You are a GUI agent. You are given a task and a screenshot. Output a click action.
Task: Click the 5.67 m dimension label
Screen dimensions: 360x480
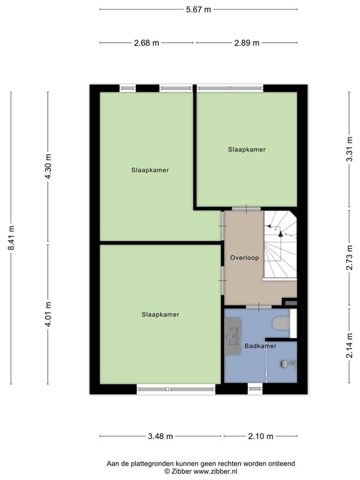(x=199, y=10)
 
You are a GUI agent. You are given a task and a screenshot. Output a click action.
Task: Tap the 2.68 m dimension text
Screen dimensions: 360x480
(x=146, y=43)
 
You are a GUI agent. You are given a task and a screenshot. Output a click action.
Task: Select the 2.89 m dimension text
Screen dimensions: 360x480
(x=247, y=43)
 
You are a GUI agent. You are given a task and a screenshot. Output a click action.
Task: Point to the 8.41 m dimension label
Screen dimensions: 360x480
(x=11, y=238)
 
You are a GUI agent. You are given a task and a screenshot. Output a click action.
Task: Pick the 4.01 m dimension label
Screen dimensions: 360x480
(x=48, y=314)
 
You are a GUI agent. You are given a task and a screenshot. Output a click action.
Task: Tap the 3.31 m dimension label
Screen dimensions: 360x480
(x=349, y=149)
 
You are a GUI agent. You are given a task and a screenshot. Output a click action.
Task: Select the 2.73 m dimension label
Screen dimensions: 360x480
(x=349, y=258)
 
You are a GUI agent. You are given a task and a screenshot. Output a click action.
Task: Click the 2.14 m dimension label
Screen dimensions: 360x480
(x=349, y=346)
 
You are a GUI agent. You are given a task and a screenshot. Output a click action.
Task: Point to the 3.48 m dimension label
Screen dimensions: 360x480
(x=160, y=436)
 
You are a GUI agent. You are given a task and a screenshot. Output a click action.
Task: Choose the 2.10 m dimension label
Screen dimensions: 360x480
(x=260, y=436)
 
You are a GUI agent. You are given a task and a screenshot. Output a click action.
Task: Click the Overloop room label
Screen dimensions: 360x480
(x=244, y=258)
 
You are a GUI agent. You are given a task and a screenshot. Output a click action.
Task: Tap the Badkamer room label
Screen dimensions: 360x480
(x=260, y=346)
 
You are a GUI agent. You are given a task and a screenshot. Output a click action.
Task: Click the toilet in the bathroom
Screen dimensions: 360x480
(x=281, y=323)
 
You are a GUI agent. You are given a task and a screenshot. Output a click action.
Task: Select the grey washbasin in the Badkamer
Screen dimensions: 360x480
(x=233, y=336)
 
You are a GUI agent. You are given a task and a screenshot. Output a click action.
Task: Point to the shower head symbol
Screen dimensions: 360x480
(x=284, y=364)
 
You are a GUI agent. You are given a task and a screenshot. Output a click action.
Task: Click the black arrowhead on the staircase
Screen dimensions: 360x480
(x=280, y=234)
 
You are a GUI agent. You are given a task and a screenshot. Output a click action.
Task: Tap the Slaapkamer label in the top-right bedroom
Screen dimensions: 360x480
(x=247, y=149)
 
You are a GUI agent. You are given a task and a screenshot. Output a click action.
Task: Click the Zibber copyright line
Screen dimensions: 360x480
(x=201, y=472)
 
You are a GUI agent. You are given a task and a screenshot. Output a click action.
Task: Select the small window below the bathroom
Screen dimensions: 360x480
(x=255, y=389)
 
